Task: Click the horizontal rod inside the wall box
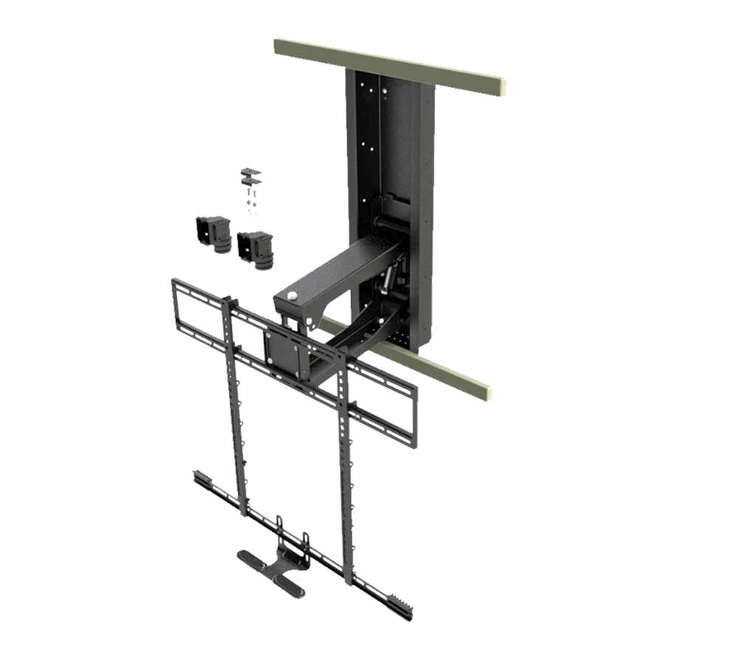coord(384,221)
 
